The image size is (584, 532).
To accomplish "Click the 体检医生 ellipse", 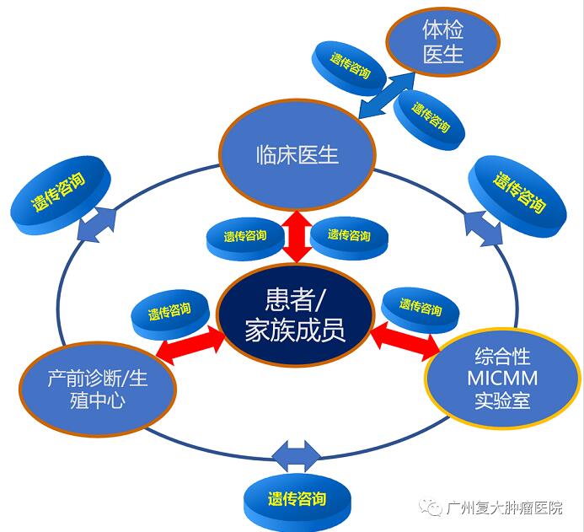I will pos(443,44).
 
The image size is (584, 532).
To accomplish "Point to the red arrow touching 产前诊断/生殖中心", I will pos(191,347).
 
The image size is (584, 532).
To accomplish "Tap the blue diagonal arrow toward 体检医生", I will pos(385,95).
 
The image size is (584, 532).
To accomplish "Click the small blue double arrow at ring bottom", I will pos(295,456).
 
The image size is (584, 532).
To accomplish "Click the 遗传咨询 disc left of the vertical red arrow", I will pos(245,237).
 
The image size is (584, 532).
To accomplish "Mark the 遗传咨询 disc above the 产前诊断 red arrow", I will pos(169,313).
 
